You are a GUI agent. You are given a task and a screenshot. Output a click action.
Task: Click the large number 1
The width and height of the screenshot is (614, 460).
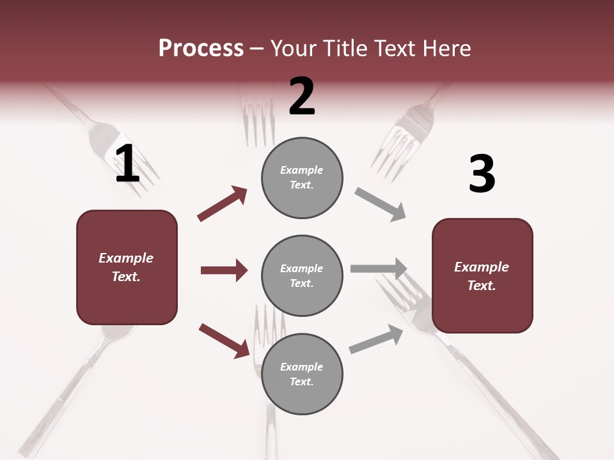127,164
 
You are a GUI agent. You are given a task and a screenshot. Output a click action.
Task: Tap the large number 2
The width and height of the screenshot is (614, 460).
302,96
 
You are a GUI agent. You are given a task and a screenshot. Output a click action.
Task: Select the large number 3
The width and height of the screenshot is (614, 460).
482,174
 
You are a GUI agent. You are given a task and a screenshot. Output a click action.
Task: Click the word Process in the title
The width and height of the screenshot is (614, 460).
201,48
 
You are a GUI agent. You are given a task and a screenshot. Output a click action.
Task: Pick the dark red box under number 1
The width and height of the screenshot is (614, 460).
127,267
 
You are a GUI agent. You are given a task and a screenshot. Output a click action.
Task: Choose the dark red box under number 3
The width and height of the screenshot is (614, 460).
482,275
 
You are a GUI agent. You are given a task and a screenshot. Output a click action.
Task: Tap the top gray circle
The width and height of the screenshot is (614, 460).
302,178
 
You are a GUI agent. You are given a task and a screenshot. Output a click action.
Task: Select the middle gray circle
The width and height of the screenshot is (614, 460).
302,275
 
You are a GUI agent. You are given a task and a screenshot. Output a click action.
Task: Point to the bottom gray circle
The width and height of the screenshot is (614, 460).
302,374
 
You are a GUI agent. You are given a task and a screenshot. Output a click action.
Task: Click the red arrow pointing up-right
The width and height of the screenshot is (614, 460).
223,203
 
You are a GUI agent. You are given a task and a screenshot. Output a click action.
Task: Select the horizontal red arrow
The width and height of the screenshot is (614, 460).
224,270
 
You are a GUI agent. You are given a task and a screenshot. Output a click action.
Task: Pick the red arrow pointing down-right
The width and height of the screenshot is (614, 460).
224,340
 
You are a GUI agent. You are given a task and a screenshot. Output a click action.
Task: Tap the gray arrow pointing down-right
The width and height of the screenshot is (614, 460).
380,204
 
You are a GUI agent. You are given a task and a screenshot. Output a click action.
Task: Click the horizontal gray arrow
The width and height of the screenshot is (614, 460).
379,268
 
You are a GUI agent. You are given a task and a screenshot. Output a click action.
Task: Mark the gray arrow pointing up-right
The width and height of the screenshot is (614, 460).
376,339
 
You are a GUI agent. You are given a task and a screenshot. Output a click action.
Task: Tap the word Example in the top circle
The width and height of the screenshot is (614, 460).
302,170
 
